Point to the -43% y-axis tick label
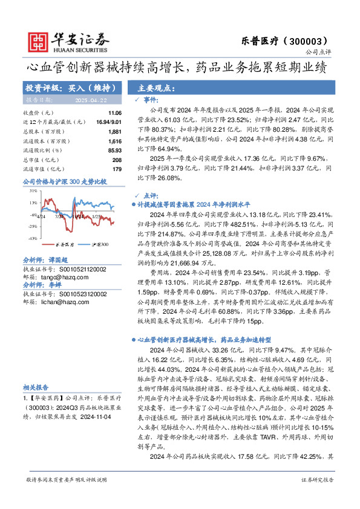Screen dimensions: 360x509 [32, 239]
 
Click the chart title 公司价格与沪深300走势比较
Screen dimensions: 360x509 [64, 181]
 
